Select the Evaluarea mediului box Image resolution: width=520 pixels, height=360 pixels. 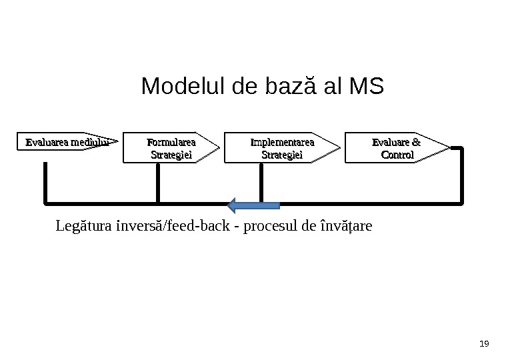pyautogui.click(x=67, y=142)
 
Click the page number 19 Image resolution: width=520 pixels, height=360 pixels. pyautogui.click(x=485, y=344)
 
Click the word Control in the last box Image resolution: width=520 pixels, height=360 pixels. pyautogui.click(x=397, y=155)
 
